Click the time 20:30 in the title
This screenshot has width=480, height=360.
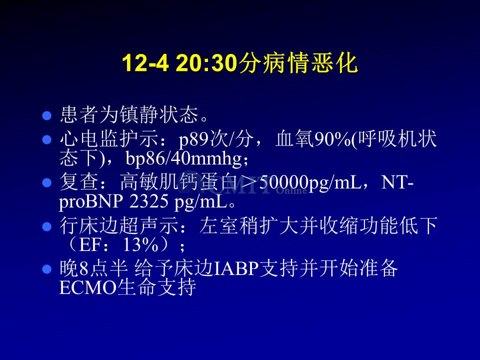tap(206, 63)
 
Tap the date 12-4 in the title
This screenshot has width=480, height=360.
tap(145, 63)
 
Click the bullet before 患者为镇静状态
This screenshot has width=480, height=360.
tap(46, 115)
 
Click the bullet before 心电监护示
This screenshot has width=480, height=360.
tap(46, 140)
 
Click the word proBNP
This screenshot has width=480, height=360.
tap(91, 201)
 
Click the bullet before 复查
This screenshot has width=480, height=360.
tap(46, 183)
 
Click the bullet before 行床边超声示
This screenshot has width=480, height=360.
tap(46, 226)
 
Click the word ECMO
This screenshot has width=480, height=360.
tap(88, 287)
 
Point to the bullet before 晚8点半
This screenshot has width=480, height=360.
tap(46, 269)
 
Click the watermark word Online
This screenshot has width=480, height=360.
tap(291, 190)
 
